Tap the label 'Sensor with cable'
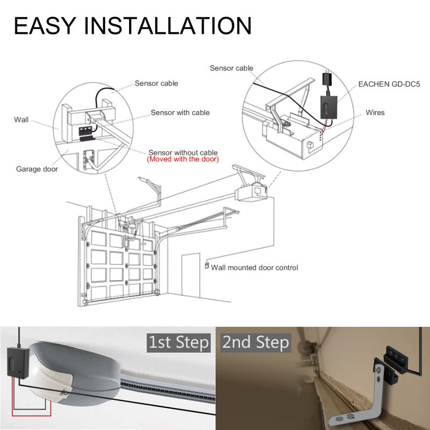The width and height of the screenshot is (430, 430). tap(180, 112)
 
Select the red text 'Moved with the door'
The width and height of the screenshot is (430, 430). tap(182, 160)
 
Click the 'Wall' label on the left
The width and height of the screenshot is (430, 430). tap(21, 119)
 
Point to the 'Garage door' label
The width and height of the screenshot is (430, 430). tap(37, 169)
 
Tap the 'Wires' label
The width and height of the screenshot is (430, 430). tap(375, 112)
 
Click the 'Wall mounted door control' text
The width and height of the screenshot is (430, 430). tap(254, 267)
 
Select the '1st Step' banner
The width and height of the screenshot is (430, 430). tap(178, 342)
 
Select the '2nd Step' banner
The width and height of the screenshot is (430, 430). tap(255, 342)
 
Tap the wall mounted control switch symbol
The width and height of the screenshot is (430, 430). tap(206, 265)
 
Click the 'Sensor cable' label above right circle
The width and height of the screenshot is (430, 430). tap(231, 68)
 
